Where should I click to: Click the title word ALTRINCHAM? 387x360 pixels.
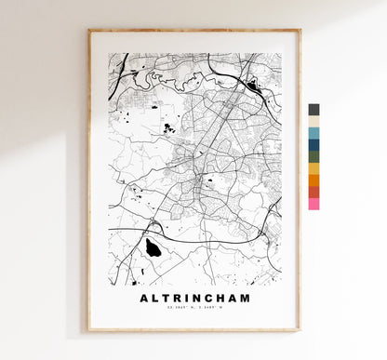(194, 299)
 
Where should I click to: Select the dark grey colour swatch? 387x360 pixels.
(314, 109)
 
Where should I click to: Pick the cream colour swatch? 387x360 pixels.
(314, 121)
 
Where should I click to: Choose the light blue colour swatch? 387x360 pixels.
(314, 133)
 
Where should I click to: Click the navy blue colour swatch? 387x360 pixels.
(314, 144)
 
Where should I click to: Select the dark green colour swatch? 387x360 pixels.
(314, 156)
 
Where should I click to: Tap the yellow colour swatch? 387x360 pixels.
(314, 168)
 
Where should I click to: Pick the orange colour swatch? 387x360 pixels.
(314, 180)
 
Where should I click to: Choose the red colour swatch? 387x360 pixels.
(314, 192)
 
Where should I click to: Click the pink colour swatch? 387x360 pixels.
(314, 203)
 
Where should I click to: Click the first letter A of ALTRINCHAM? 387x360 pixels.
(144, 299)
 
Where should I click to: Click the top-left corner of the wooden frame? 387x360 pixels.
(89, 31)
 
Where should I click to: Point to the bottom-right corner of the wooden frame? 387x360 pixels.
(300, 330)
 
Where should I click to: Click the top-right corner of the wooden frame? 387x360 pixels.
(300, 31)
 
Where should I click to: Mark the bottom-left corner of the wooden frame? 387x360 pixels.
(89, 330)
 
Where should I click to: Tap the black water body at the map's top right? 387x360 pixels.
(250, 86)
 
